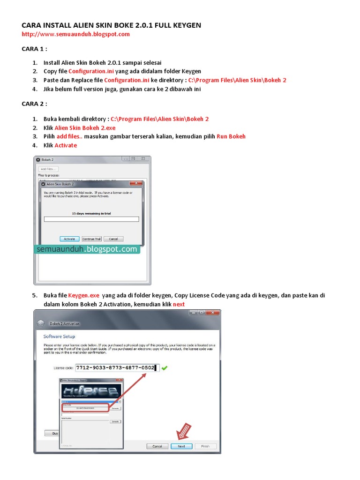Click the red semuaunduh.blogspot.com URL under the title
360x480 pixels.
click(76, 34)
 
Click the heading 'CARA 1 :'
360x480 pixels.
click(35, 48)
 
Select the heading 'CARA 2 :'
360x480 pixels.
click(35, 103)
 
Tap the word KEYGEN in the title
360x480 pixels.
click(185, 25)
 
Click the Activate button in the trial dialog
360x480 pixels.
click(69, 239)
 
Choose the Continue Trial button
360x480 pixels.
click(91, 239)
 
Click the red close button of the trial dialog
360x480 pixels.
click(136, 183)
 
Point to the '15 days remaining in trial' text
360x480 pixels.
click(91, 213)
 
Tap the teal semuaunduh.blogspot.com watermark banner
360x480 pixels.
click(87, 249)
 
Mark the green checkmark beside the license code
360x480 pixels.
click(165, 368)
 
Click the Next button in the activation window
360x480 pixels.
click(181, 446)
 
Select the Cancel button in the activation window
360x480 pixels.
click(157, 446)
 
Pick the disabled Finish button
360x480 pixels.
click(206, 446)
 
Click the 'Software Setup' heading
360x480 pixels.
click(59, 337)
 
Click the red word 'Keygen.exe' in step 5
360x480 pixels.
click(84, 295)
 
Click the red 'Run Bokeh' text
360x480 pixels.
click(231, 136)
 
